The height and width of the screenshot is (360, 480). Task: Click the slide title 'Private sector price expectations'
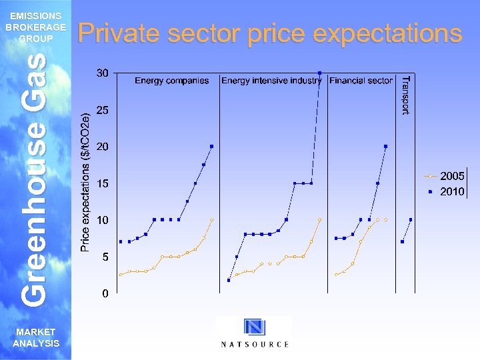(x=270, y=33)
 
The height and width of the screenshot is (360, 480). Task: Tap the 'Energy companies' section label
(x=172, y=81)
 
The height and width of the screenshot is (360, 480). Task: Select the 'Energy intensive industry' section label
(x=271, y=81)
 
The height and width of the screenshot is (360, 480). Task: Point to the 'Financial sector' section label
(x=361, y=81)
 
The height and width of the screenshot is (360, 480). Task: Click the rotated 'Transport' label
(x=405, y=95)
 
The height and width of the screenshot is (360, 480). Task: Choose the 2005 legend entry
(x=444, y=177)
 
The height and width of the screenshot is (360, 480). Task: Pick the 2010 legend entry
(x=444, y=191)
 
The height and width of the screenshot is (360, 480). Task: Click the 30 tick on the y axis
(x=102, y=73)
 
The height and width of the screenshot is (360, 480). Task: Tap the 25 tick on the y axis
(x=102, y=110)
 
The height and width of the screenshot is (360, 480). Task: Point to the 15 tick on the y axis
(x=102, y=183)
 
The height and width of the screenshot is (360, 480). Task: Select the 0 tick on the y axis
(x=105, y=294)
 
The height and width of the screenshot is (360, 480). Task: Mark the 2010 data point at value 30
(x=320, y=73)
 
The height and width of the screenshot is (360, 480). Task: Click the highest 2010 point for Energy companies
(x=211, y=146)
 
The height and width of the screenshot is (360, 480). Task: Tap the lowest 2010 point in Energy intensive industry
(x=229, y=280)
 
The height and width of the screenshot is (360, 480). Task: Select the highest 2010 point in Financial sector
(x=386, y=146)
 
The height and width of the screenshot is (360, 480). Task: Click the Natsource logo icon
(x=254, y=327)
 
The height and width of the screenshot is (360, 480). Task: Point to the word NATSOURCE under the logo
(x=255, y=344)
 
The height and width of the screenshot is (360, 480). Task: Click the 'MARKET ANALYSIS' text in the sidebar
(x=36, y=338)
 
